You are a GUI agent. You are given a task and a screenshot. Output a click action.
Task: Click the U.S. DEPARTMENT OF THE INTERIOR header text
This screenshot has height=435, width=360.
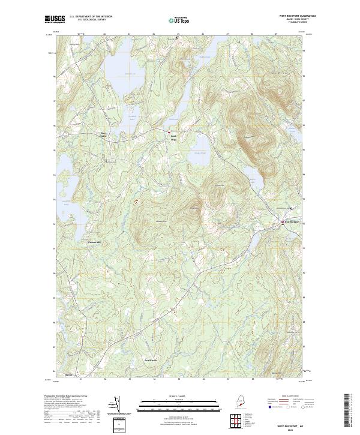click(x=91, y=17)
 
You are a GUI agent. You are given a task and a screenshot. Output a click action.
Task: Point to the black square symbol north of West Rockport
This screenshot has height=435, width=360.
click(x=292, y=208)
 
